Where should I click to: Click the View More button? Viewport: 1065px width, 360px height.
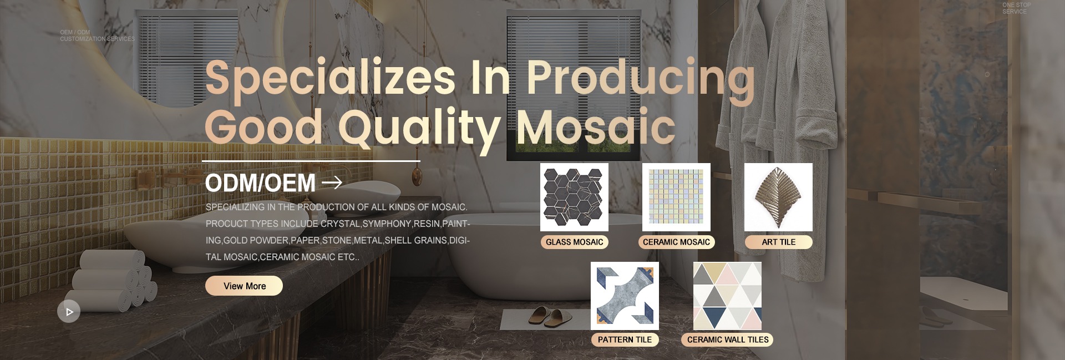[x=244, y=286]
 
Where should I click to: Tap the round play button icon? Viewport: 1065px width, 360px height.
[x=69, y=312]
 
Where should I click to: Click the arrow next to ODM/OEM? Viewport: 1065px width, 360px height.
[x=332, y=182]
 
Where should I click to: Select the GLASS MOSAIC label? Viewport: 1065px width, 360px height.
[x=574, y=242]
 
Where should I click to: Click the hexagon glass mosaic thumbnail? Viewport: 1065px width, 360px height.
[x=574, y=197]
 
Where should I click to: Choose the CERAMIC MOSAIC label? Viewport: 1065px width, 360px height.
[x=676, y=242]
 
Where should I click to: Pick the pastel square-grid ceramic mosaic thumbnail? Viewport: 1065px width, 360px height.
[x=676, y=197]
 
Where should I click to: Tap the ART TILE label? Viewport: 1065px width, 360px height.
[x=778, y=242]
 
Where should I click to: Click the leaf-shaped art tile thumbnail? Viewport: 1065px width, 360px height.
[x=778, y=197]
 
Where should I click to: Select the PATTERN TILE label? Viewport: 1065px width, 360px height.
[x=625, y=339]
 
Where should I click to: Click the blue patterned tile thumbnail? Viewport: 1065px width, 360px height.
[x=625, y=296]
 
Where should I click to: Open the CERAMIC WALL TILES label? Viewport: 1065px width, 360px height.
[x=727, y=339]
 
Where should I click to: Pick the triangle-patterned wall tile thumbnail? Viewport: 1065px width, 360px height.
[x=727, y=296]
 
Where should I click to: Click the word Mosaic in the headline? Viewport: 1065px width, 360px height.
[x=596, y=126]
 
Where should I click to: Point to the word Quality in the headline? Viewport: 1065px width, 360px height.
[x=419, y=129]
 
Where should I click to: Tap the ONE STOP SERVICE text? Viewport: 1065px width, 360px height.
[x=1017, y=8]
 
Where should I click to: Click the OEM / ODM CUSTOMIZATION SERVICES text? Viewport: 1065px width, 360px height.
[x=97, y=36]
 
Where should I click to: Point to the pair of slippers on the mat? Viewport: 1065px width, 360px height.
[x=547, y=316]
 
